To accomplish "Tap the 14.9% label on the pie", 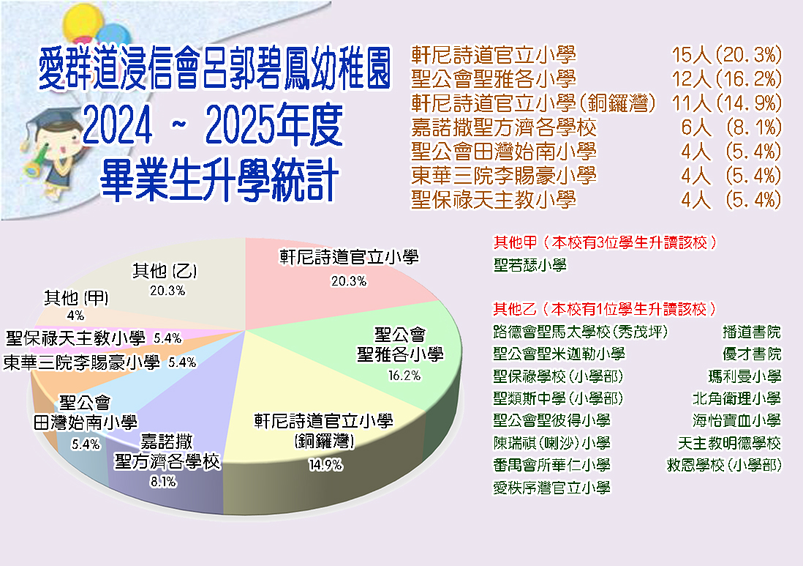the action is pyautogui.click(x=325, y=465).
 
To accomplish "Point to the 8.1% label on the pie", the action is pyautogui.click(x=163, y=482).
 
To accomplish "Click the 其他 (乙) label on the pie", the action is pyautogui.click(x=165, y=271).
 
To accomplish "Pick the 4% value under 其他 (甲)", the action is pyautogui.click(x=75, y=316).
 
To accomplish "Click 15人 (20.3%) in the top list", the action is pyautogui.click(x=727, y=55).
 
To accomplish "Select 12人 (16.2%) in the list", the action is pyautogui.click(x=727, y=79).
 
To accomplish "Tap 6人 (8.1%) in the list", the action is pyautogui.click(x=731, y=127).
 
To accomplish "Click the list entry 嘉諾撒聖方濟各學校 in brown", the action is pyautogui.click(x=504, y=127).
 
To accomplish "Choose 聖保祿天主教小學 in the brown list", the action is pyautogui.click(x=494, y=199).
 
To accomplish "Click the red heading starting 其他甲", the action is pyautogui.click(x=604, y=242).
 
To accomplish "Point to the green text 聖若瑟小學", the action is pyautogui.click(x=530, y=265).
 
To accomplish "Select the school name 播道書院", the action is pyautogui.click(x=752, y=332).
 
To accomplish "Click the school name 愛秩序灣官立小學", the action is pyautogui.click(x=551, y=487).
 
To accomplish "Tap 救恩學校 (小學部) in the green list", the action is pyautogui.click(x=724, y=465).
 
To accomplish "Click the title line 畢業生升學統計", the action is pyautogui.click(x=219, y=179).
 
